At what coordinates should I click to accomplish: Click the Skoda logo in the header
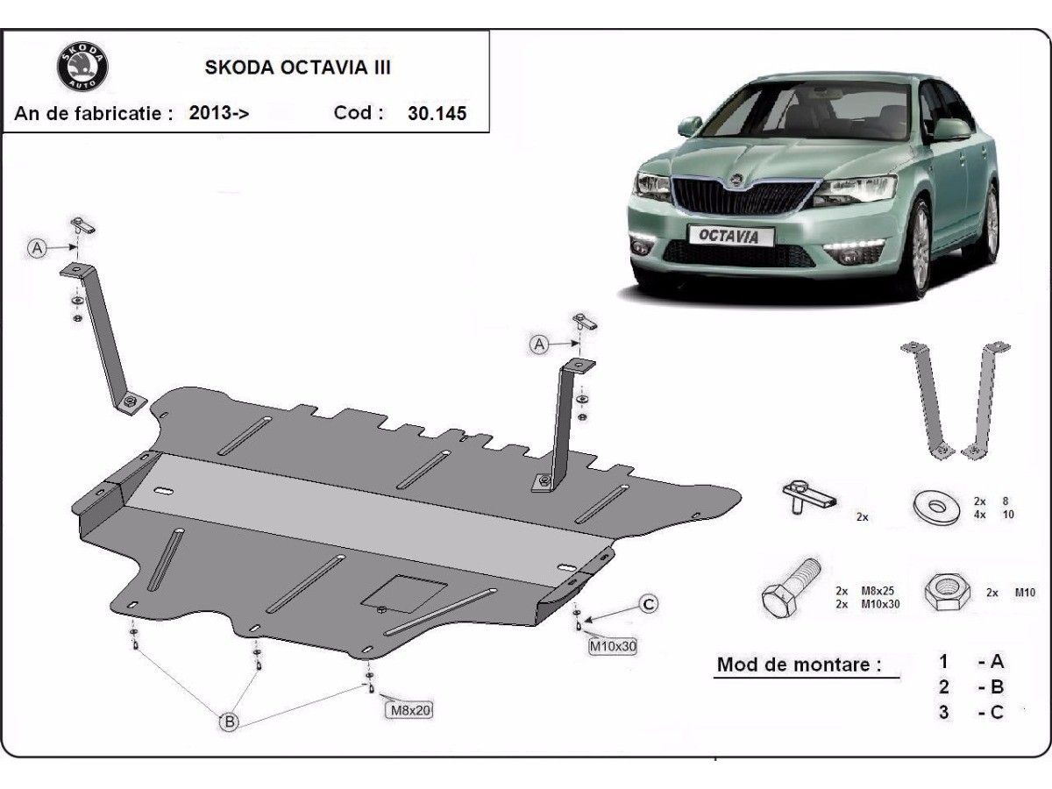(x=82, y=67)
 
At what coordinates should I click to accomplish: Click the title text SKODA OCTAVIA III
(x=298, y=68)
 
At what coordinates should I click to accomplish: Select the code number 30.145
(x=437, y=113)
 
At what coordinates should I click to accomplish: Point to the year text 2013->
(x=219, y=113)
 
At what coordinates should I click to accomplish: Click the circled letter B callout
(x=229, y=721)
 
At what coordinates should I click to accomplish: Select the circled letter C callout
(x=648, y=603)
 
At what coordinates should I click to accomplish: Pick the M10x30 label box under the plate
(x=612, y=647)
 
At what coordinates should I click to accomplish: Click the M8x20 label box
(x=408, y=709)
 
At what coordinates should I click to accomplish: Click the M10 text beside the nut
(x=1025, y=593)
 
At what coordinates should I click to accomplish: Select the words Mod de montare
(x=799, y=664)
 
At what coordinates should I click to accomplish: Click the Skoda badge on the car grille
(x=736, y=180)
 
